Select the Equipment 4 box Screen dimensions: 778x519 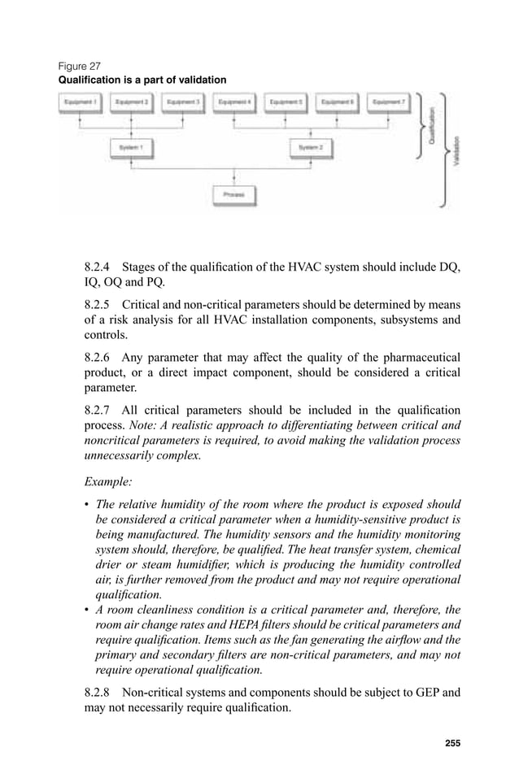coord(234,102)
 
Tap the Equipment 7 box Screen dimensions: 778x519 coord(388,102)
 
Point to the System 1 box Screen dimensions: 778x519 coord(131,148)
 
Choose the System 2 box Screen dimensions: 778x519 coord(312,148)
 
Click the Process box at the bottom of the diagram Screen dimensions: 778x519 coord(234,195)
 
